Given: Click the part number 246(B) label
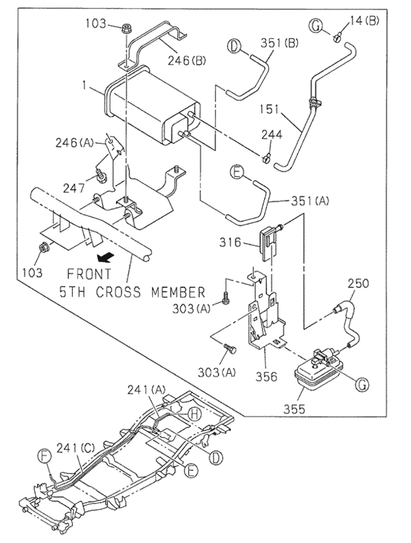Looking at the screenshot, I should (187, 62).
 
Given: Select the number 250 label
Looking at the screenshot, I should (360, 283).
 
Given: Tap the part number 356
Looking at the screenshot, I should (265, 377).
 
